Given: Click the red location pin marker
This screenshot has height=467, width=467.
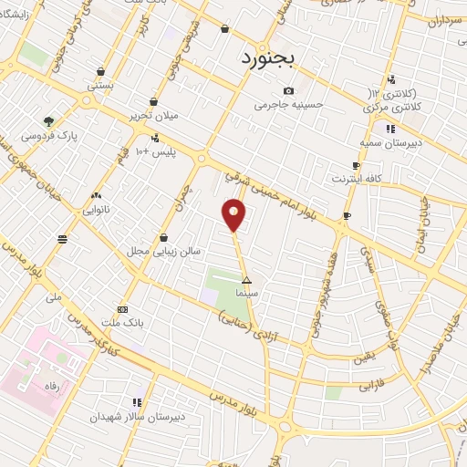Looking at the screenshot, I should click(x=234, y=215).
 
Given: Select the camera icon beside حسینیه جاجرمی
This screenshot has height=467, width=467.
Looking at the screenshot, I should click(x=288, y=90).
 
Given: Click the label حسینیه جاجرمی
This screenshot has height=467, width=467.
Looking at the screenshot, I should click(x=288, y=105).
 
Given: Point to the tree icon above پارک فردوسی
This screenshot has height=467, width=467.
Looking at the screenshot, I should click(x=48, y=121).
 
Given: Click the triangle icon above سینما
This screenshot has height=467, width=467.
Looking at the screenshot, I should click(x=246, y=281).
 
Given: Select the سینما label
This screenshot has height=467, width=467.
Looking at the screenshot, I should click(x=246, y=295).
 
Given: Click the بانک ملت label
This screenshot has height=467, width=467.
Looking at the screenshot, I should click(x=123, y=323).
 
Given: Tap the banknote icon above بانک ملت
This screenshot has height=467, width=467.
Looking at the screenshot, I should click(x=123, y=309).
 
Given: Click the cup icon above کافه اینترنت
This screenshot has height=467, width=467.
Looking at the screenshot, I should click(x=356, y=165).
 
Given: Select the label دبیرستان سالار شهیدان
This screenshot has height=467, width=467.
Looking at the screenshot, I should click(x=124, y=416).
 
